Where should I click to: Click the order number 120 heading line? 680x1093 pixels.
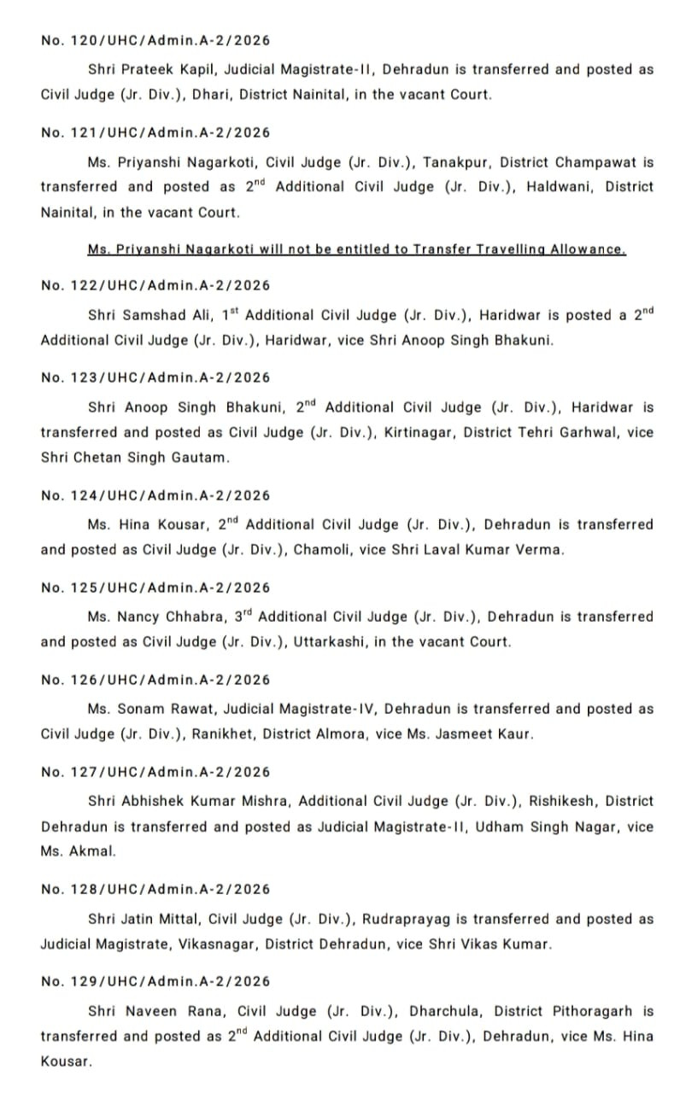(x=155, y=40)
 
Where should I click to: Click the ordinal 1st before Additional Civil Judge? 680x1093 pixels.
(x=229, y=314)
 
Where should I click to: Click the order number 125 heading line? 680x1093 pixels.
(x=155, y=587)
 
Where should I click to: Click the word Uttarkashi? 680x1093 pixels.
(x=332, y=642)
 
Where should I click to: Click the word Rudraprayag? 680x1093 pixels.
(x=407, y=920)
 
